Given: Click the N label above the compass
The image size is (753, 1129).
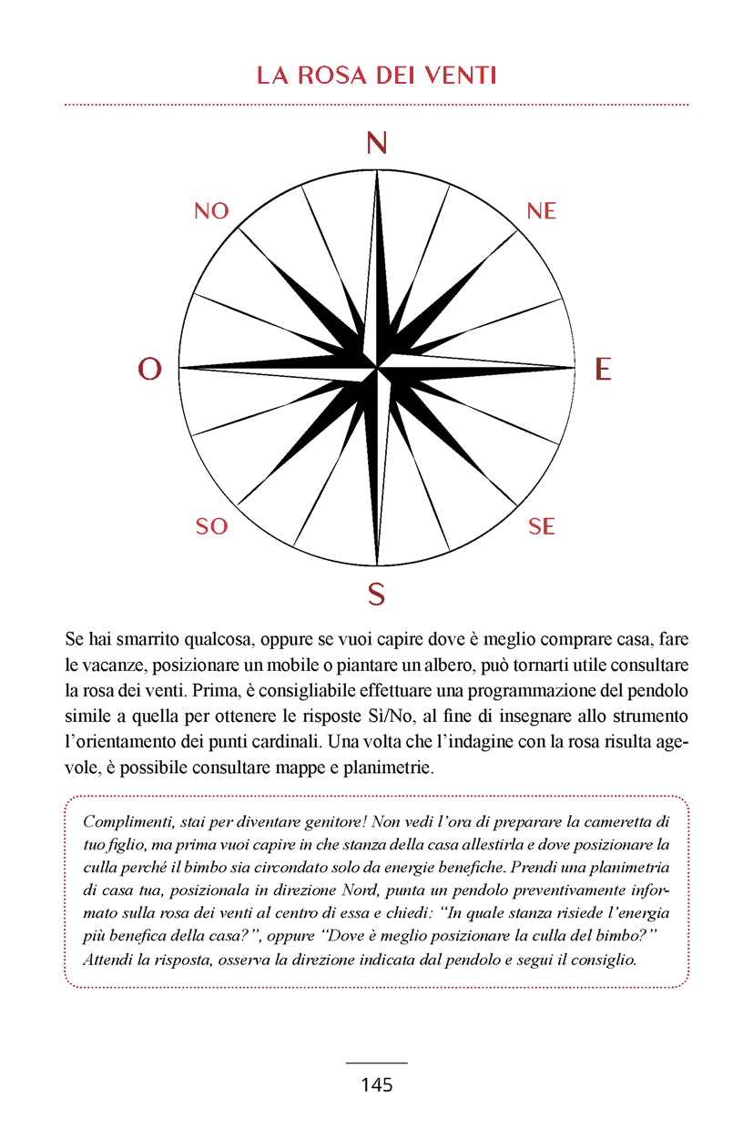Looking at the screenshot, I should (376, 144).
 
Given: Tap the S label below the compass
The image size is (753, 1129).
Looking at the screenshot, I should (376, 595).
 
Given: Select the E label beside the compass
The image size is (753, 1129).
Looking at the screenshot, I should (602, 369).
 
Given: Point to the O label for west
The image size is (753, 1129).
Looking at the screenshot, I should (149, 369).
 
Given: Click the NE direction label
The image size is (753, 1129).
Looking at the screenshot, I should (541, 211).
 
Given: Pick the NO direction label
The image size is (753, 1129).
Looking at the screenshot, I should (211, 211).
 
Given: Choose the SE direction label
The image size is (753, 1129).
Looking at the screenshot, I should (542, 526).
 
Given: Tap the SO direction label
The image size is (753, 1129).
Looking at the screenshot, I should (211, 526).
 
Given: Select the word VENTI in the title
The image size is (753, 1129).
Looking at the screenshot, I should (459, 76).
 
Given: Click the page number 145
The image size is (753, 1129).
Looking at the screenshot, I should (376, 1084).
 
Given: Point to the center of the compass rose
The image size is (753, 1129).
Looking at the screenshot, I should (376, 368).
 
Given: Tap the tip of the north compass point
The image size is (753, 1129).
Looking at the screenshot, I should (376, 172).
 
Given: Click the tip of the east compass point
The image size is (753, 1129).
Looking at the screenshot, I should (574, 368).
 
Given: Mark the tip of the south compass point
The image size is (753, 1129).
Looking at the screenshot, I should (376, 564).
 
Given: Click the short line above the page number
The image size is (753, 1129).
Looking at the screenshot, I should (376, 1063).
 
